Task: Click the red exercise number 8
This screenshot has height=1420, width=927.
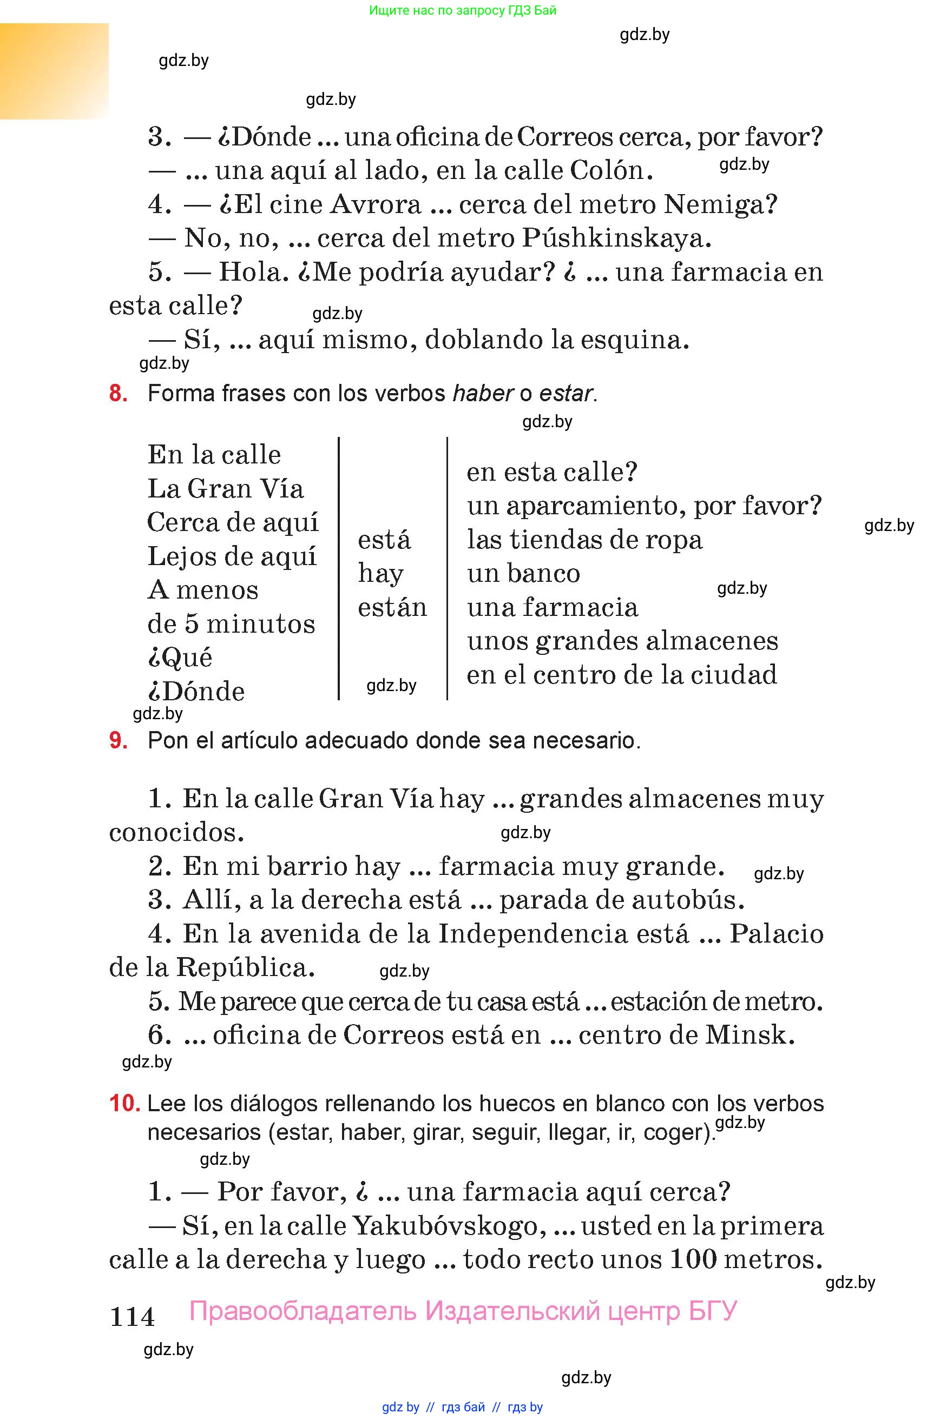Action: [x=117, y=394]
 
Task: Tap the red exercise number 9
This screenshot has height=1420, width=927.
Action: [x=117, y=740]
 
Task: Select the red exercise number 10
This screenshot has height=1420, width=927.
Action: [x=124, y=1103]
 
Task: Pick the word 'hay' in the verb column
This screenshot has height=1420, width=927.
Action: [x=380, y=574]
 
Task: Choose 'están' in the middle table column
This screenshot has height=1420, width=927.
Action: [x=392, y=607]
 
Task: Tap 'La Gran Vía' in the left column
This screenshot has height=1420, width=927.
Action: [x=225, y=489]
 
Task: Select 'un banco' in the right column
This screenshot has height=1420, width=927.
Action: [x=523, y=573]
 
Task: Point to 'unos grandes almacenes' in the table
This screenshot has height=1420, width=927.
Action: [x=622, y=641]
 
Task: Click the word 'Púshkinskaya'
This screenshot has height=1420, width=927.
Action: [x=616, y=238]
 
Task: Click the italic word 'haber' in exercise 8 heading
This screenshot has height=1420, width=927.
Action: [x=483, y=394]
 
